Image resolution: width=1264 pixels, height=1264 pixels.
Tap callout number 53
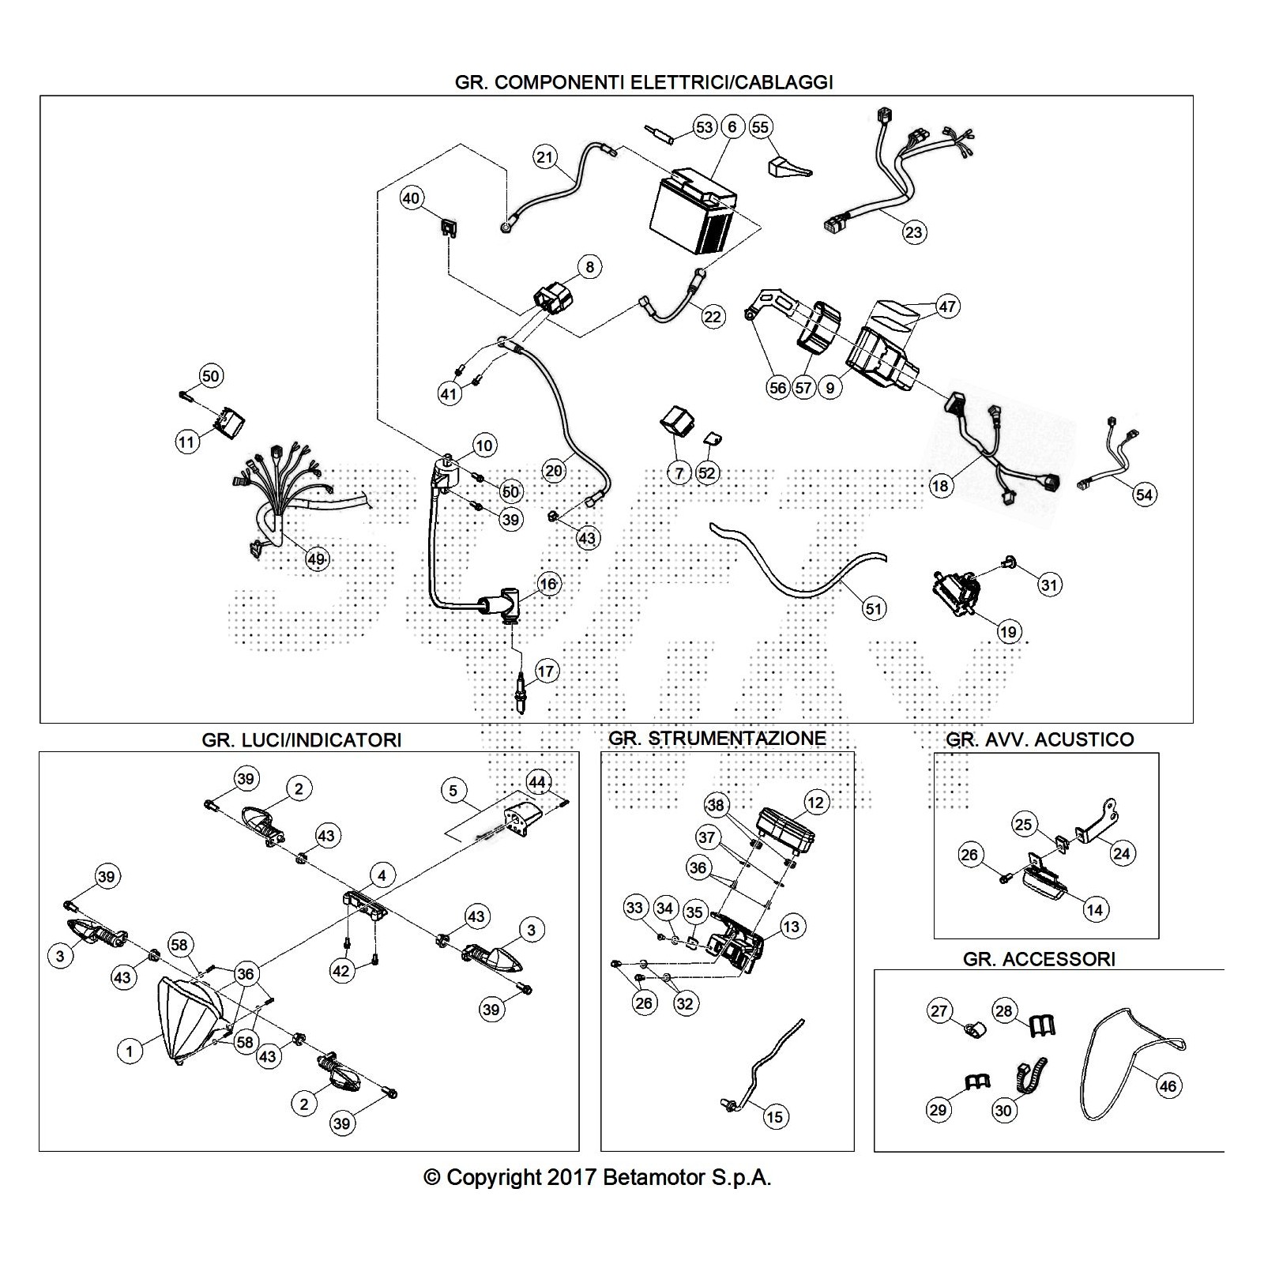(x=703, y=127)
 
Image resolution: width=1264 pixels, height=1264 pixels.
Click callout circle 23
(x=913, y=232)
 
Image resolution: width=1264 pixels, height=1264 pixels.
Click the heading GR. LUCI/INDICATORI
(x=302, y=739)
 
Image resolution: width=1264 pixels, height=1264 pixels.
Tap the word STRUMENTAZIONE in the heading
(x=737, y=738)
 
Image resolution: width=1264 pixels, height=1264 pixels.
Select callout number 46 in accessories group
(x=1167, y=1086)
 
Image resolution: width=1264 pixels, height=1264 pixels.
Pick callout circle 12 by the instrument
(x=815, y=803)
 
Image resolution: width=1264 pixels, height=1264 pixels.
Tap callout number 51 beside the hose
(x=873, y=608)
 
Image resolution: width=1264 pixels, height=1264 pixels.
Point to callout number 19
(x=1008, y=631)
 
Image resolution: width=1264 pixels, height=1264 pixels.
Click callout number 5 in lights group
(x=453, y=790)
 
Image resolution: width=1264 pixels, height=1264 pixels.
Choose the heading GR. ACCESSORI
(x=1039, y=959)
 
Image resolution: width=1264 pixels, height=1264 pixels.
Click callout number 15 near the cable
(x=774, y=1116)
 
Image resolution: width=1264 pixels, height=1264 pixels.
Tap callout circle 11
(x=186, y=442)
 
